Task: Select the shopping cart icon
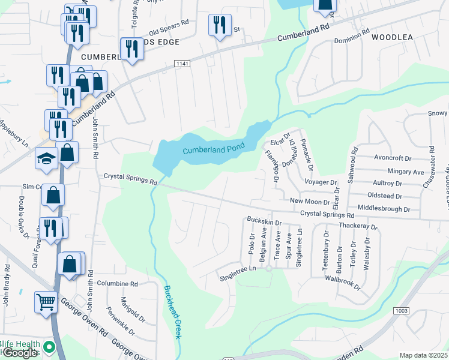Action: click(x=46, y=302)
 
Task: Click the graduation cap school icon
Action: click(x=46, y=158)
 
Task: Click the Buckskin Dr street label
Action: click(x=264, y=223)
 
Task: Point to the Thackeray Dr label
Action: click(x=358, y=227)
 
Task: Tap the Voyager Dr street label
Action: click(x=321, y=182)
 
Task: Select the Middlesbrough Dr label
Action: click(x=383, y=209)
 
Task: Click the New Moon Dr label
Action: click(x=310, y=202)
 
